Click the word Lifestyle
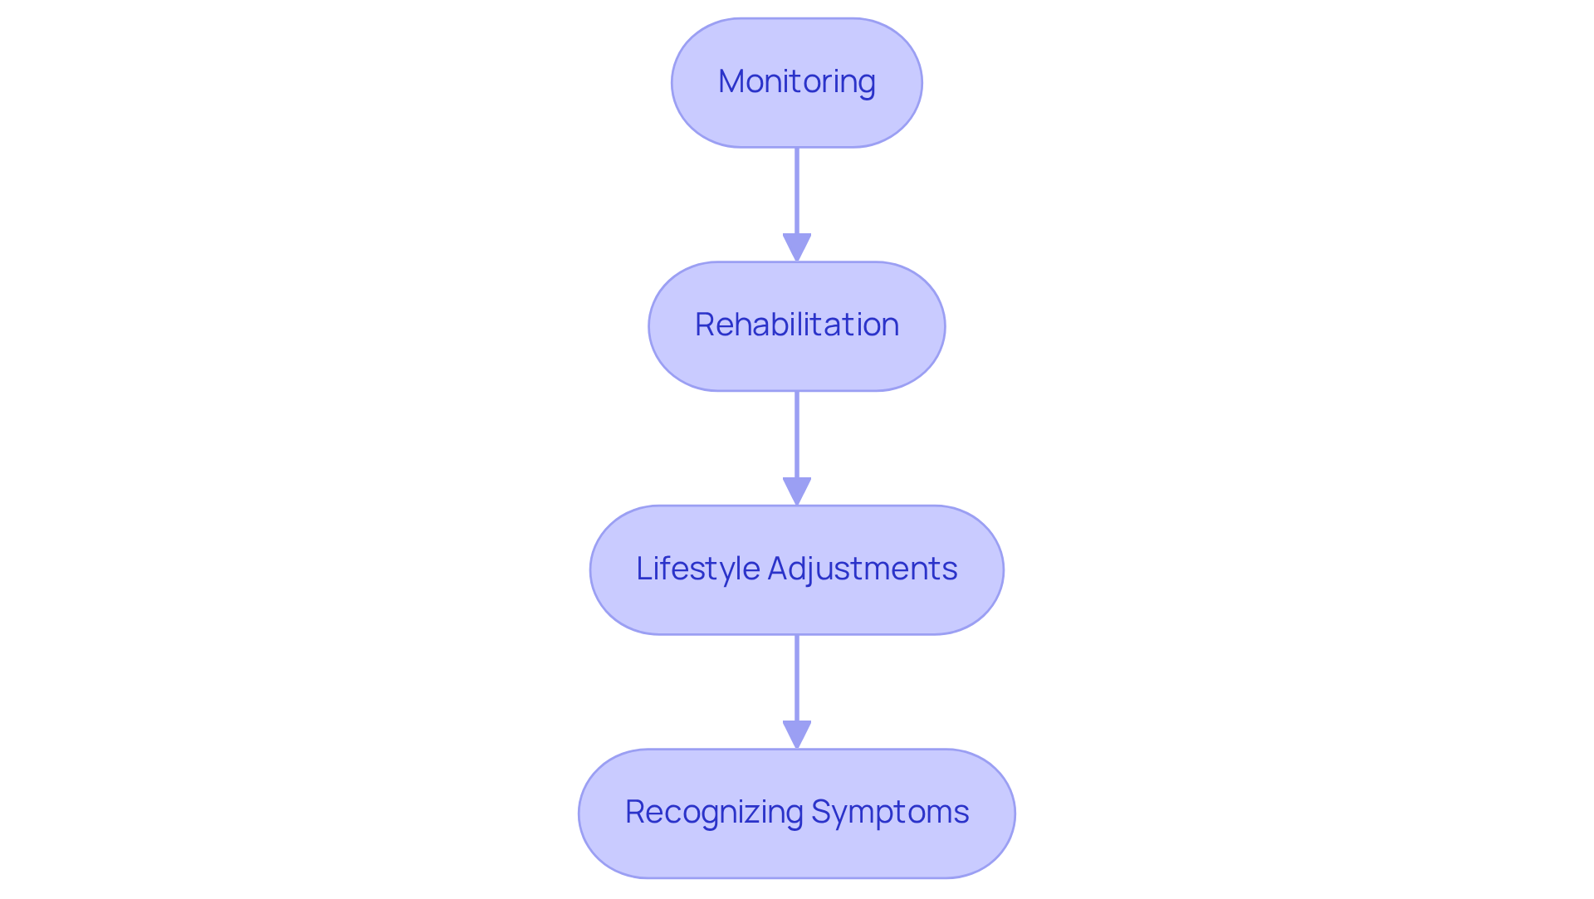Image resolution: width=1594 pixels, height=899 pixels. (x=697, y=569)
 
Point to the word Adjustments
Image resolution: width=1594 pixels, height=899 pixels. (x=862, y=569)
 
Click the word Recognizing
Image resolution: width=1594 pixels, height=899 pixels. (x=713, y=813)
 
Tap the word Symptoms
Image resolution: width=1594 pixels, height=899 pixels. (x=889, y=813)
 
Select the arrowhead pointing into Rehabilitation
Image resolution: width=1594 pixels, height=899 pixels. (x=796, y=247)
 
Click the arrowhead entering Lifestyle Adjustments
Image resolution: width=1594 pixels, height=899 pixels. (x=796, y=491)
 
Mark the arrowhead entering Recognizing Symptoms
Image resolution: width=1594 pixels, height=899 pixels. (x=796, y=735)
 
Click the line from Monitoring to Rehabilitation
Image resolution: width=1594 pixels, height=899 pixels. (x=796, y=191)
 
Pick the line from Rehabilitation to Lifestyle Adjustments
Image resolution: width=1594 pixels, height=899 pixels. (x=796, y=433)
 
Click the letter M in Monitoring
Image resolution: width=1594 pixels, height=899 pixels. (x=731, y=81)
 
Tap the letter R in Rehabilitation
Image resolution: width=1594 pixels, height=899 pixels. (x=705, y=325)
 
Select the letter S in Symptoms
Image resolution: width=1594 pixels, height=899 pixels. (x=820, y=813)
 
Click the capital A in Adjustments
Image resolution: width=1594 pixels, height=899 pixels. (x=779, y=569)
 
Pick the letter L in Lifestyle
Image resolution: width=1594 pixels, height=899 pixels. (x=642, y=569)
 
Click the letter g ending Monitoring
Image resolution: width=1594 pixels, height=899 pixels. (x=867, y=84)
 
